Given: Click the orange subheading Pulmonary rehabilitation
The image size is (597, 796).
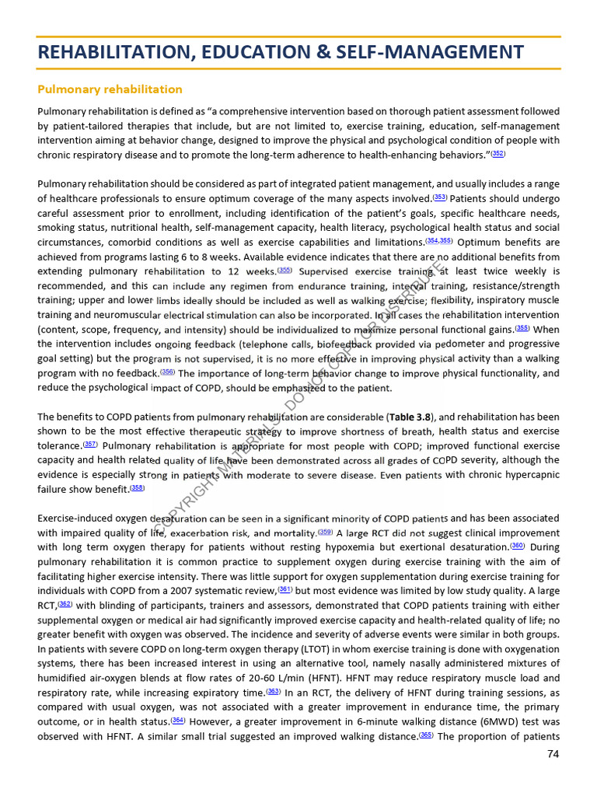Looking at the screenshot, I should tap(110, 89).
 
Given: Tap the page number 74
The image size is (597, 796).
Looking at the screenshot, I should tap(553, 754).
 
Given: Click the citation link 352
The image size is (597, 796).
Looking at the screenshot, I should tap(498, 155).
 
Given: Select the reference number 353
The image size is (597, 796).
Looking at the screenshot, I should tap(440, 197).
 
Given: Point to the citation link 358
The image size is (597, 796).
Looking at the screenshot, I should tap(137, 488).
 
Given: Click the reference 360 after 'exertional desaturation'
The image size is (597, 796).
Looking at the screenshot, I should tap(518, 546).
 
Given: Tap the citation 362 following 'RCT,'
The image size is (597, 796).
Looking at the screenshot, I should tap(65, 604).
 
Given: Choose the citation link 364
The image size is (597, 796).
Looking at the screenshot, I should tap(178, 721).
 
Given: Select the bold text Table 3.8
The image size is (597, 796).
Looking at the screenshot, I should tap(411, 417).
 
